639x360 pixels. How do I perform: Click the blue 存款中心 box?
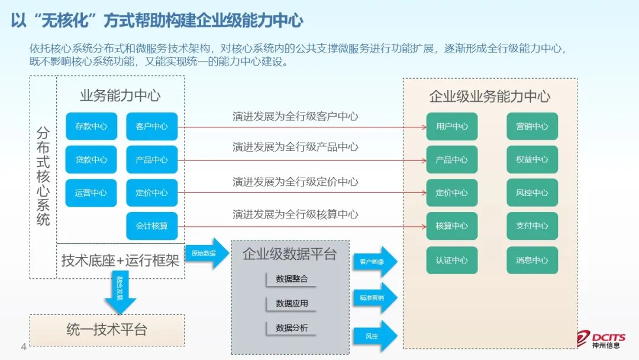pyautogui.click(x=91, y=126)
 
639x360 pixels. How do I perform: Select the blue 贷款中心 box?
pyautogui.click(x=91, y=159)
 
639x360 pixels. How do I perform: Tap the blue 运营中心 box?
pyautogui.click(x=91, y=192)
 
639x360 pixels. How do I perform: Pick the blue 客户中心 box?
pyautogui.click(x=151, y=126)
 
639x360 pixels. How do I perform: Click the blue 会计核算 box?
pyautogui.click(x=151, y=226)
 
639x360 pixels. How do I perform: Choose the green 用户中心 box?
pyautogui.click(x=451, y=126)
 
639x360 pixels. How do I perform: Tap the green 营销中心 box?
pyautogui.click(x=532, y=126)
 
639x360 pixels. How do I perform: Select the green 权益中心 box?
pyautogui.click(x=532, y=159)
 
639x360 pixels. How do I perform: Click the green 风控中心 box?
pyautogui.click(x=532, y=192)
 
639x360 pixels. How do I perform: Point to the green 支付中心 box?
pyautogui.click(x=532, y=226)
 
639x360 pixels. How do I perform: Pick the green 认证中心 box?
pyautogui.click(x=451, y=260)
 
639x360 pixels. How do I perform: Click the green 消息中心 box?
pyautogui.click(x=532, y=260)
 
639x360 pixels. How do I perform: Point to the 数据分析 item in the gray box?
pyautogui.click(x=292, y=327)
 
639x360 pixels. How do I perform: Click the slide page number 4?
pyautogui.click(x=24, y=346)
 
